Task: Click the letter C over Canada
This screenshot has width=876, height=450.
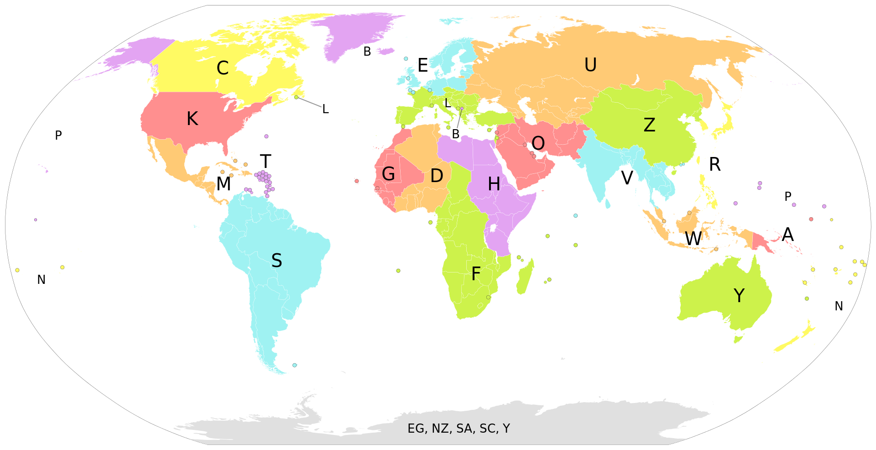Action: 223,68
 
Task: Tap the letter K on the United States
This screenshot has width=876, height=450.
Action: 193,119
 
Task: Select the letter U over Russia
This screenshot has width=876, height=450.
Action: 590,65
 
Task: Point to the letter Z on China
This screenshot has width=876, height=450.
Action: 649,125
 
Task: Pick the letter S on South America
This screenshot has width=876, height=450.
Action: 276,261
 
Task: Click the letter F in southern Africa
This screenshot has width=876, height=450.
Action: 476,274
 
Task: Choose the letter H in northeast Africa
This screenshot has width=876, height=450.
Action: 494,184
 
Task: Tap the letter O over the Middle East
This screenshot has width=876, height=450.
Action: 538,143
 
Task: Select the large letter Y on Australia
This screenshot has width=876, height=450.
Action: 739,296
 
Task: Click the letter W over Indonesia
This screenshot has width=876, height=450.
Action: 693,239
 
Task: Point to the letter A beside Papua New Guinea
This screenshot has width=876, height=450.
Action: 788,235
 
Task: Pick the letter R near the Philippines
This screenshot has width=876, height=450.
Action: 715,165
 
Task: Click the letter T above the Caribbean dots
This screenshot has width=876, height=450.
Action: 266,162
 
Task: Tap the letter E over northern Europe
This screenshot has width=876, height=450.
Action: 423,66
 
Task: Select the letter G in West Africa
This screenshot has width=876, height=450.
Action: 388,174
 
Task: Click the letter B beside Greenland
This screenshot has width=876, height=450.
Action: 367,52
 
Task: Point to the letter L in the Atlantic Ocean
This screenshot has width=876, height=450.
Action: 325,109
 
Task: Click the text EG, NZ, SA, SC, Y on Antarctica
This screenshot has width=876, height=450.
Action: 459,429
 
